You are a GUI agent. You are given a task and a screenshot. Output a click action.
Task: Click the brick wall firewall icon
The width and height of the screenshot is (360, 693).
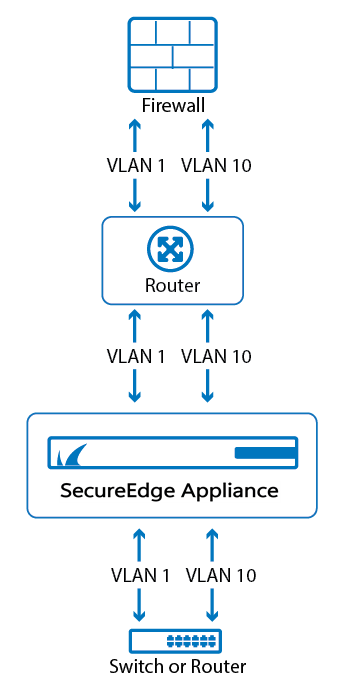(171, 55)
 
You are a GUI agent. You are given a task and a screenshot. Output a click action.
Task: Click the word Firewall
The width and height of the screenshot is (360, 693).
(171, 106)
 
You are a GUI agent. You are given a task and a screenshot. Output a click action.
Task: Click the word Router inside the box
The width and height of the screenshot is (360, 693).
(172, 285)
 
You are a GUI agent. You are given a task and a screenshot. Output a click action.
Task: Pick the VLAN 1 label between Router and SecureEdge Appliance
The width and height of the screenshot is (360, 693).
(136, 356)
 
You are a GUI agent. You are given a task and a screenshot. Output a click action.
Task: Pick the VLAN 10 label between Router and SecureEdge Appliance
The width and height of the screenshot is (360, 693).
(215, 356)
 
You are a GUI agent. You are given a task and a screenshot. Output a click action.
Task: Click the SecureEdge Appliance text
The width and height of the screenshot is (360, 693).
(171, 491)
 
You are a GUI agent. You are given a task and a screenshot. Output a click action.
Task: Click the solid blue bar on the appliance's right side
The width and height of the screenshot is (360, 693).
(264, 454)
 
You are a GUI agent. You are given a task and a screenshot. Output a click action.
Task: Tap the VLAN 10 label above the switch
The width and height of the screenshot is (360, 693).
(221, 575)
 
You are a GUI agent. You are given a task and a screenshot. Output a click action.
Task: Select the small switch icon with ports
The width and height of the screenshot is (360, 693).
(175, 641)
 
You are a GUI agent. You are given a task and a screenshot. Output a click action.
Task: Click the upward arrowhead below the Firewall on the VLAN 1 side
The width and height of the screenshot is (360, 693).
(136, 126)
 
